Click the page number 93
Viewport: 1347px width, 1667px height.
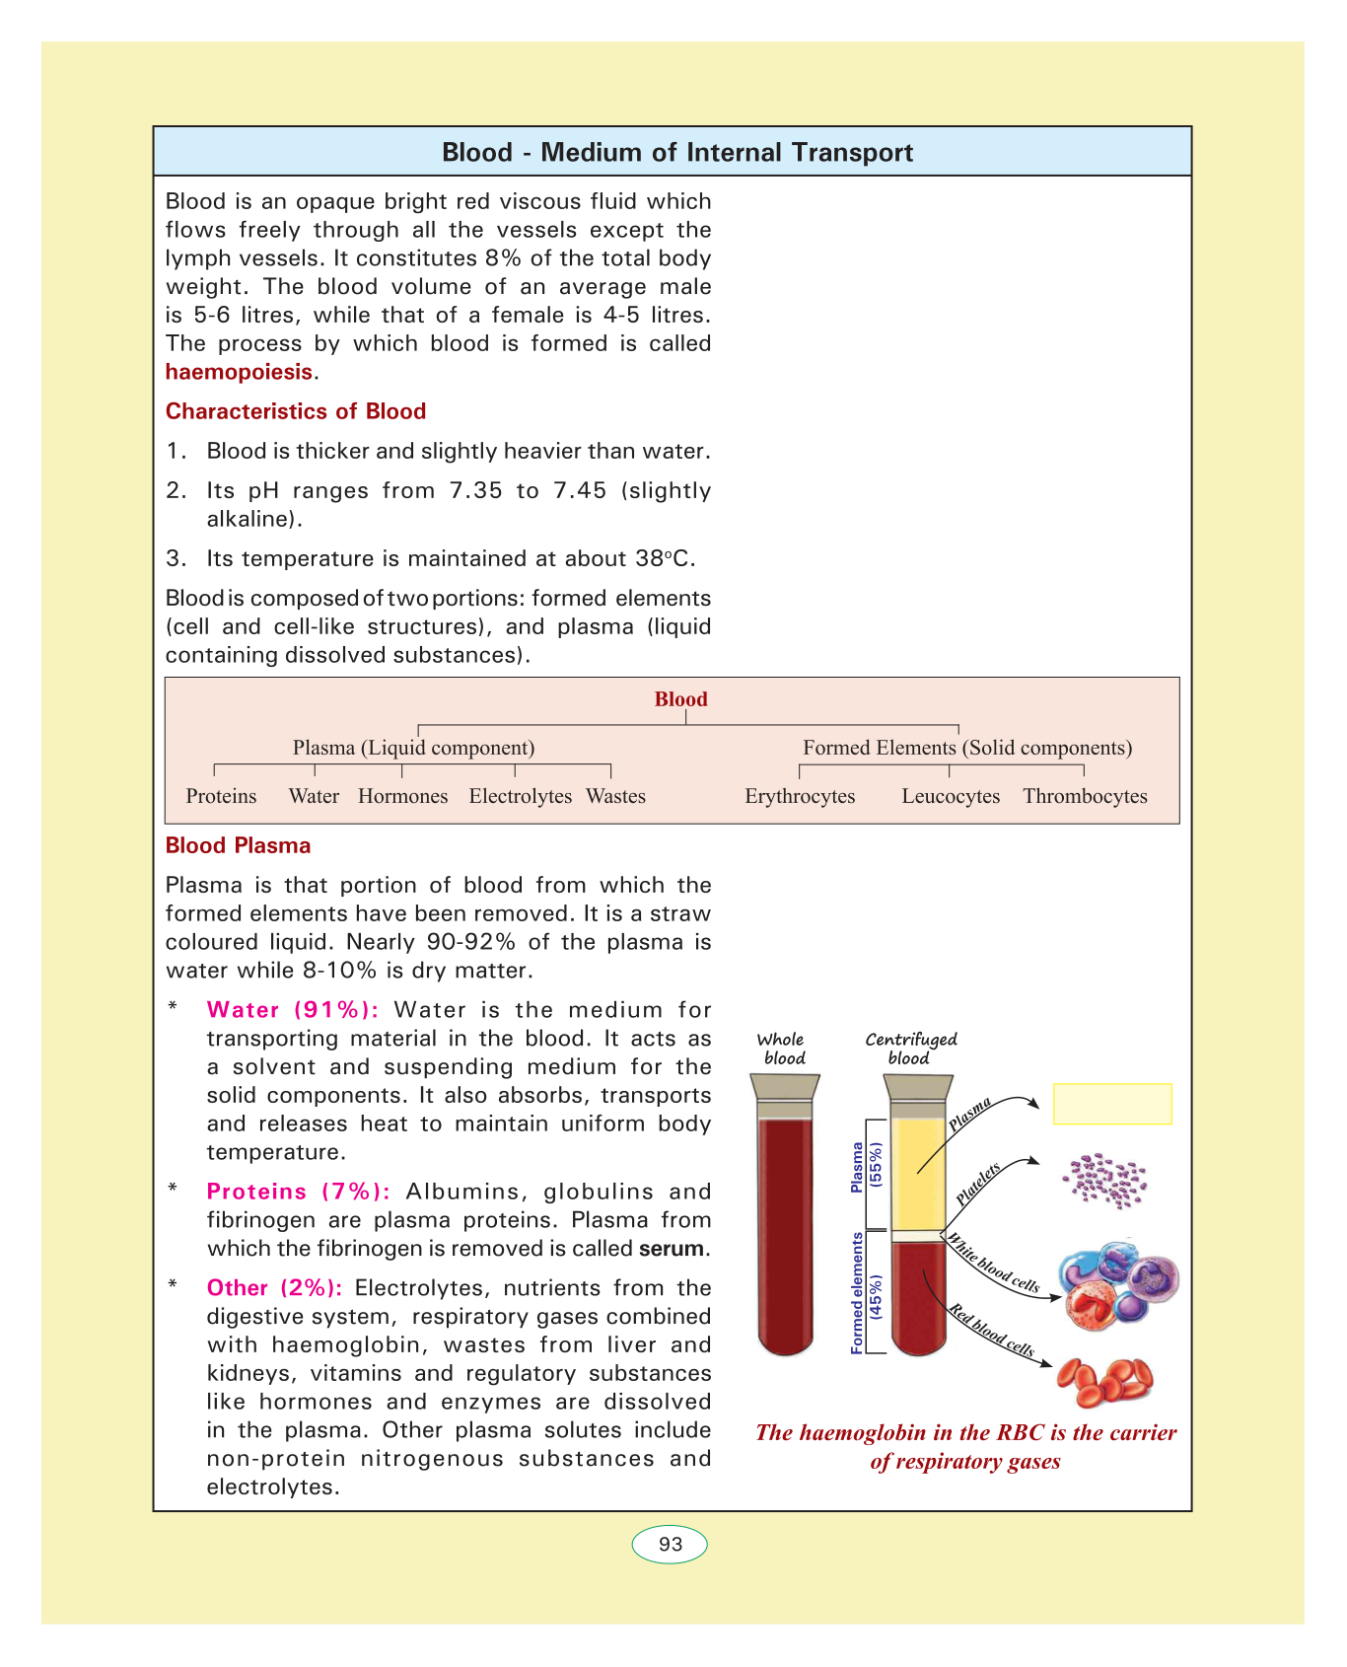[670, 1545]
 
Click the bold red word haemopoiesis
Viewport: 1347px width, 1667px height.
[239, 372]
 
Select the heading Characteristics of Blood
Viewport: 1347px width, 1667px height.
[296, 411]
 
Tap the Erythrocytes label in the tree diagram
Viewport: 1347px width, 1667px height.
[800, 796]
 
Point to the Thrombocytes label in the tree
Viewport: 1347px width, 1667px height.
[1085, 796]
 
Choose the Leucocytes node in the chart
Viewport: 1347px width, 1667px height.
[951, 796]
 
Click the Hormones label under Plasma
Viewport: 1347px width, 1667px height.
[402, 796]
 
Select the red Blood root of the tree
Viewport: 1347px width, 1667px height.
[680, 699]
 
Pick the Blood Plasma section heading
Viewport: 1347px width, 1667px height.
[238, 845]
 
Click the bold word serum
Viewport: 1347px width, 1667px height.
[672, 1248]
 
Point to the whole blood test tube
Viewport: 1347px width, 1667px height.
[786, 1233]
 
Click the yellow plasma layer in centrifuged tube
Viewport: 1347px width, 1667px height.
[917, 1174]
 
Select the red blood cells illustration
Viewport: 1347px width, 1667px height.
[1104, 1381]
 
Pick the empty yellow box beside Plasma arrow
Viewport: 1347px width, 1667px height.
[1112, 1104]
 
